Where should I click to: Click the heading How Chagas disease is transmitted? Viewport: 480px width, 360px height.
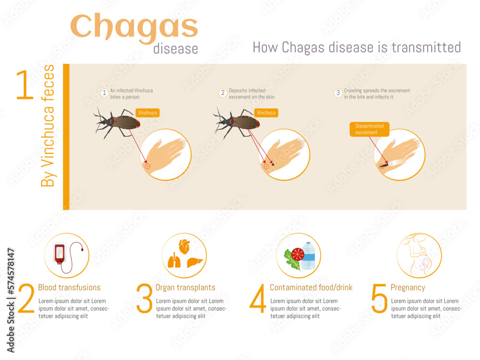coord(356,48)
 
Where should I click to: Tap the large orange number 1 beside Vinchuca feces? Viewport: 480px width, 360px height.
coord(25,85)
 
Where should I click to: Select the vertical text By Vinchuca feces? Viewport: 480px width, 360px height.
coord(48,126)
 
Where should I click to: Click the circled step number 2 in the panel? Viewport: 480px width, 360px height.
coord(223,93)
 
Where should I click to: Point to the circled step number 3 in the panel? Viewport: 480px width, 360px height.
coord(338,93)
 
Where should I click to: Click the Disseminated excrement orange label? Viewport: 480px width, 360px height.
coord(369,129)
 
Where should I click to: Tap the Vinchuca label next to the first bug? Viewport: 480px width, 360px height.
coord(147,113)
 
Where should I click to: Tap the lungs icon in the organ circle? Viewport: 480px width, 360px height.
coord(174,262)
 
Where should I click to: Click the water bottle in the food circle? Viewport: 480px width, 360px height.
coord(308,256)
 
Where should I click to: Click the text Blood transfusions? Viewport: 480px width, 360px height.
coord(69,288)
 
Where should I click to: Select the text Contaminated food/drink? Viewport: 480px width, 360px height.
coord(311,288)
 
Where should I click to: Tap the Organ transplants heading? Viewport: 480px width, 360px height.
coord(185,288)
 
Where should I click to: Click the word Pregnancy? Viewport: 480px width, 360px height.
coord(408,288)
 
